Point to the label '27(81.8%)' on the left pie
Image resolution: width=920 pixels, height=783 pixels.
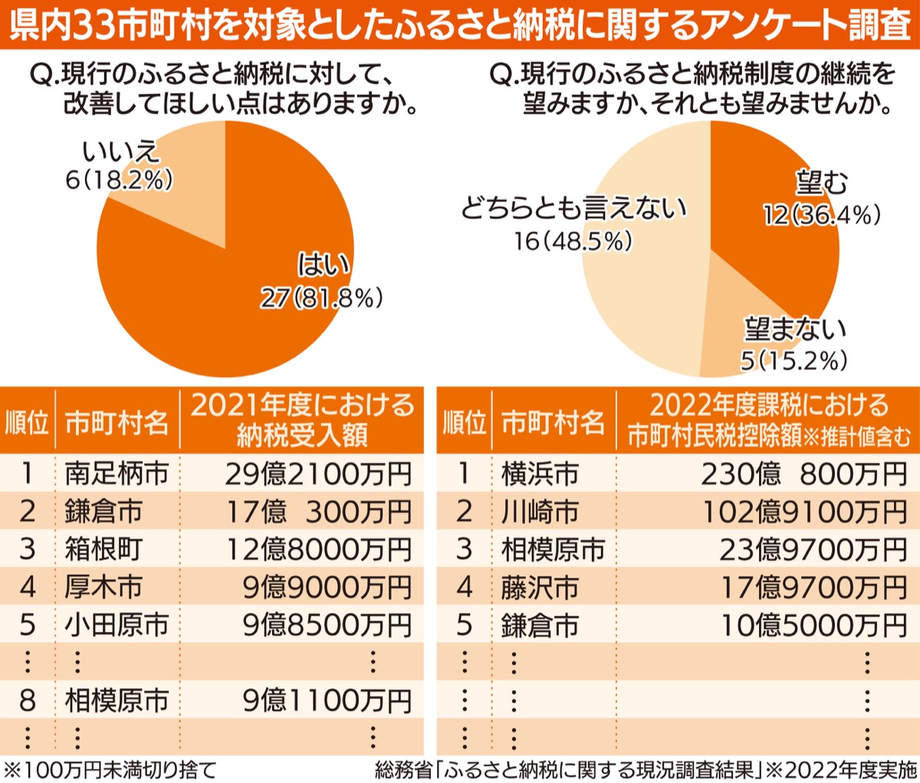[321, 297]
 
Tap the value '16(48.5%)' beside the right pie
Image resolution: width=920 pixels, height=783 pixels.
[573, 241]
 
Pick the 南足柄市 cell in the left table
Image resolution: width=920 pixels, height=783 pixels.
[117, 473]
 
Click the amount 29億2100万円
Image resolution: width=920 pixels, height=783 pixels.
[318, 474]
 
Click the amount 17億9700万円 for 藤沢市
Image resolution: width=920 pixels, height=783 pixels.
[813, 588]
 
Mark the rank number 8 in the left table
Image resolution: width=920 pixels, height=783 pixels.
[28, 700]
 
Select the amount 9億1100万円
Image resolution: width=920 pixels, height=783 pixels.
[327, 700]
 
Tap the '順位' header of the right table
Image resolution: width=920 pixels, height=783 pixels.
[464, 422]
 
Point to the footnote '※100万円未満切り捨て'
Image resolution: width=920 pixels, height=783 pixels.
[110, 769]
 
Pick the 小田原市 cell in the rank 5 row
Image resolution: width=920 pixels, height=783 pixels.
[117, 625]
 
